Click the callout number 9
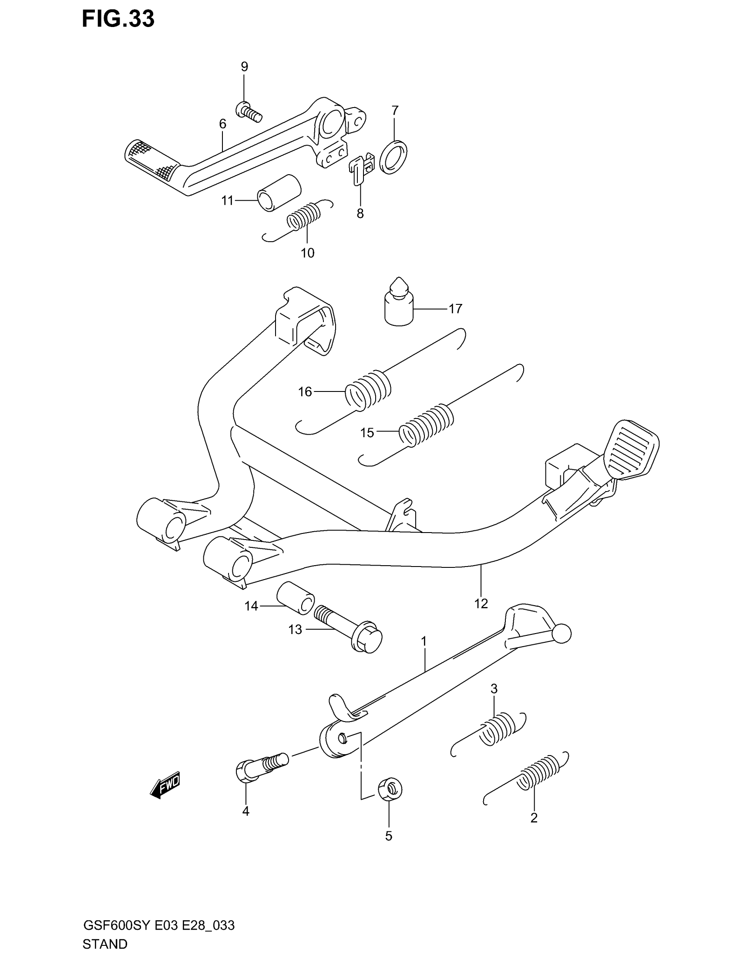(244, 67)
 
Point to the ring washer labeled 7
(393, 157)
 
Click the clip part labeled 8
(361, 167)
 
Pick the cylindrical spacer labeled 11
(279, 193)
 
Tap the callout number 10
(307, 253)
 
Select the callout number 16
(305, 392)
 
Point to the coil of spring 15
(427, 425)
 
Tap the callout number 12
(481, 604)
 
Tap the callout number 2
(534, 818)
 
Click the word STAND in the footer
(105, 944)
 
